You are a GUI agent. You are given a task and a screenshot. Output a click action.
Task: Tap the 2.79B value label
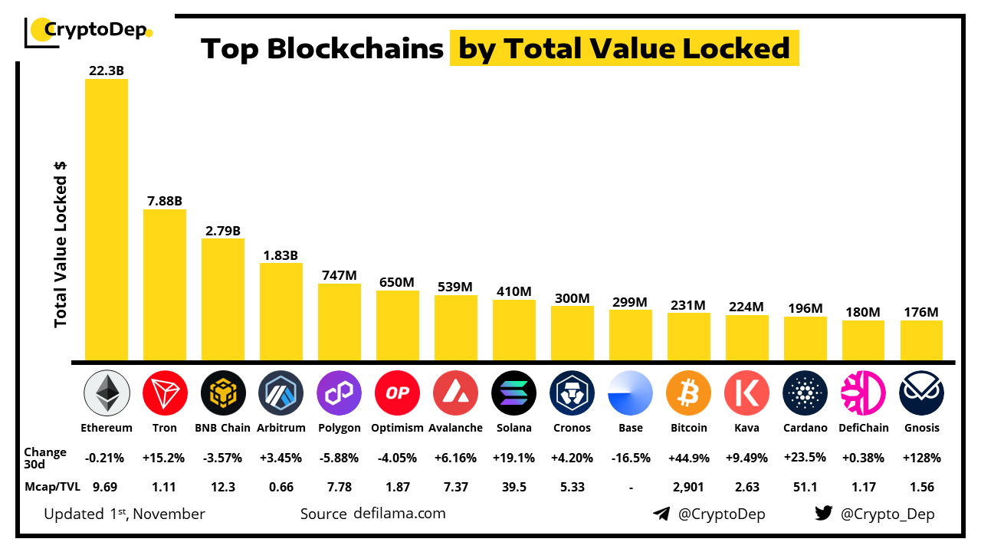click(x=223, y=230)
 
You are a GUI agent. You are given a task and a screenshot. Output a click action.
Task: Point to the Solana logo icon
click(x=513, y=393)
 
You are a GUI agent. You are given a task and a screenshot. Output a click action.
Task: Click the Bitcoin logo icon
click(x=688, y=393)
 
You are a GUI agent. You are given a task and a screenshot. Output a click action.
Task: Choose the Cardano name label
click(x=805, y=428)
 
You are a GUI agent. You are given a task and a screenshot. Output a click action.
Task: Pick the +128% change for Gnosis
click(x=921, y=458)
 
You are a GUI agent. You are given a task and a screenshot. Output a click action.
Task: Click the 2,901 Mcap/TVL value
click(x=688, y=487)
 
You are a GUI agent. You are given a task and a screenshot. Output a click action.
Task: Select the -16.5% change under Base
click(x=630, y=458)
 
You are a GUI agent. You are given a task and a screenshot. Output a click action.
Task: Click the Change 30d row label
click(x=45, y=458)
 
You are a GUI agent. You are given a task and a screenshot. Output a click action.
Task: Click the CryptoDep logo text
click(x=96, y=30)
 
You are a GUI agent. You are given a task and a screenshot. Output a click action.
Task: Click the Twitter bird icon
click(x=823, y=514)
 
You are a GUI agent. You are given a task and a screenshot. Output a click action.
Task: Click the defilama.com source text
click(x=399, y=514)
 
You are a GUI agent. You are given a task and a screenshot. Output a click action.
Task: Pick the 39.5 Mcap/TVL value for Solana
click(x=513, y=487)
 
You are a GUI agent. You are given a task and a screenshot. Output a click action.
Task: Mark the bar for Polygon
click(x=340, y=322)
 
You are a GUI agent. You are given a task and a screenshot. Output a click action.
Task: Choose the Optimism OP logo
click(x=397, y=393)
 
